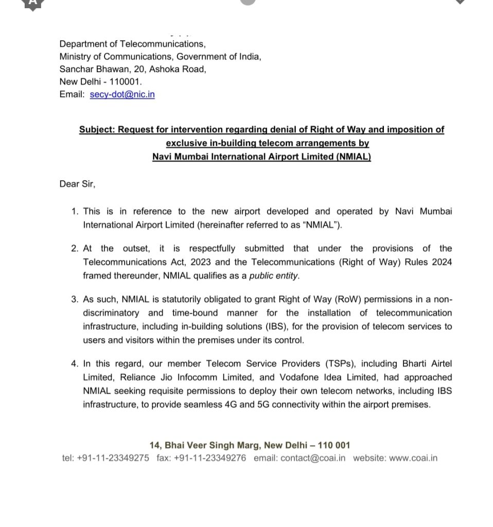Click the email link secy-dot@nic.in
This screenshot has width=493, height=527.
pos(122,94)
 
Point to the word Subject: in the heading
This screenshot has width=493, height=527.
pos(97,130)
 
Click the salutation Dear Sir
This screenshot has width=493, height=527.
pos(77,184)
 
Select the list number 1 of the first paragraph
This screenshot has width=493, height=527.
pos(75,212)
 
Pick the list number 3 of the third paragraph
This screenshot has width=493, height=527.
pos(75,300)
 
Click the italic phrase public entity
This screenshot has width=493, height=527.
pos(273,276)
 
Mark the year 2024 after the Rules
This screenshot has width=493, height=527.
pos(441,262)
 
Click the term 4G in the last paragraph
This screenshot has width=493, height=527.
pos(231,405)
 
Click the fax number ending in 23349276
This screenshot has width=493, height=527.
pos(210,458)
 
